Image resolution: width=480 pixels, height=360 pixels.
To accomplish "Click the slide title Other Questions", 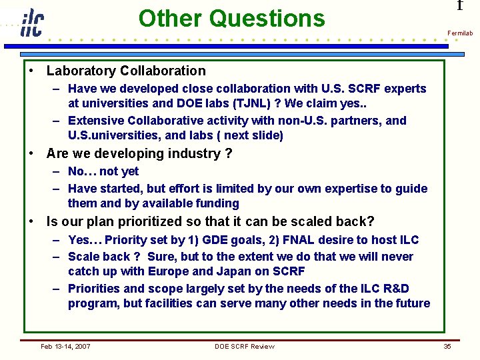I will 231,18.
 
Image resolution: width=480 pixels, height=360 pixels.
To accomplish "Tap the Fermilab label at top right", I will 459,33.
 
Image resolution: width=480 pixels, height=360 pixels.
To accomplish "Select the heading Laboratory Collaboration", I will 126,71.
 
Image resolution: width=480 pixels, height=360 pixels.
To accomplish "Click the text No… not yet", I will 103,171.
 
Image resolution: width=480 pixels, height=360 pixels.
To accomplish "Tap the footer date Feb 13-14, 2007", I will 65,346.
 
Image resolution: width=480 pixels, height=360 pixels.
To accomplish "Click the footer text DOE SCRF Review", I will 244,346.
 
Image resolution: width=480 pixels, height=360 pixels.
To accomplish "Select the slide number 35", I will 447,346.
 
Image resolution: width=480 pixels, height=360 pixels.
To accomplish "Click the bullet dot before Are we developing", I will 31,153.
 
